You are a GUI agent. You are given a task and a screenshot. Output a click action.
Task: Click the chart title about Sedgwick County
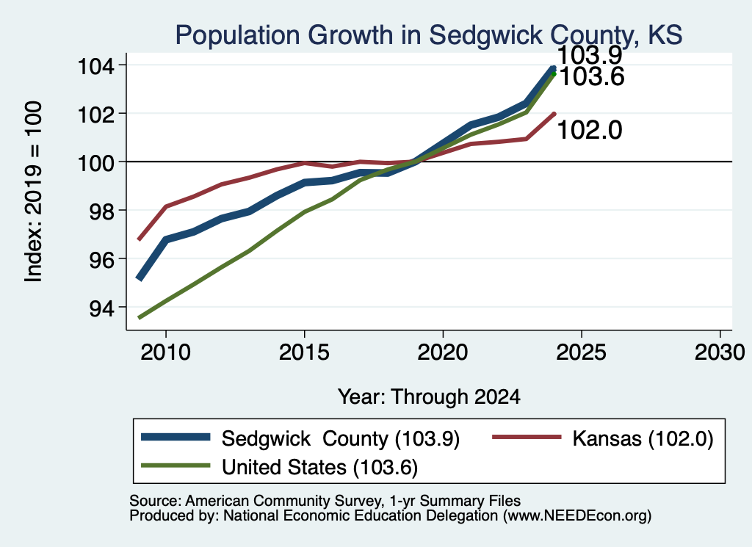[429, 35]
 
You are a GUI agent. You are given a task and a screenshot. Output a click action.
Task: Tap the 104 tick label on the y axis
[96, 65]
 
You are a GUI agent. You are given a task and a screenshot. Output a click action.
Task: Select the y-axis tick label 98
[102, 211]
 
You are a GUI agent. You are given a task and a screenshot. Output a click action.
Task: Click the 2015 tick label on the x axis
[304, 353]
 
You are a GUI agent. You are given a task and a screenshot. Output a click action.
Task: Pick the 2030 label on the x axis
[720, 353]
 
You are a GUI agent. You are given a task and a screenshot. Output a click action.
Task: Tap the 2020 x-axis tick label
[443, 353]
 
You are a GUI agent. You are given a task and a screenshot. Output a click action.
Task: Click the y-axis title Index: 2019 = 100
[33, 192]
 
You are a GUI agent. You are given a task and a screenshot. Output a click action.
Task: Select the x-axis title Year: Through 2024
[429, 397]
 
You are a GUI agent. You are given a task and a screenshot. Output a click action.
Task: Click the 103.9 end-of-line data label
[590, 54]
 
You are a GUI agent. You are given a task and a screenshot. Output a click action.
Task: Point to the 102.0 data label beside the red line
[590, 130]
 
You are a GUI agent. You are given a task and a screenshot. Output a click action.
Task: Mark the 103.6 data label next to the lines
[592, 76]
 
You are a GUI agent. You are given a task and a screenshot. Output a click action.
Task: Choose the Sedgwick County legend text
[341, 438]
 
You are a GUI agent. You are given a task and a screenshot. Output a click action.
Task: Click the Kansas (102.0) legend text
[643, 438]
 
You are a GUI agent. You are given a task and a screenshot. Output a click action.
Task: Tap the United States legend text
[320, 468]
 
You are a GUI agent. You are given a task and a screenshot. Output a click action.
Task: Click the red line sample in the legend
[527, 437]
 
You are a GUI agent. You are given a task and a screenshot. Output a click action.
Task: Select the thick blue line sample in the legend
[176, 437]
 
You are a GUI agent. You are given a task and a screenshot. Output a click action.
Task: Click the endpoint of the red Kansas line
[554, 114]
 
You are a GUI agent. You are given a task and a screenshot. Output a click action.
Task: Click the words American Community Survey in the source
[283, 501]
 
